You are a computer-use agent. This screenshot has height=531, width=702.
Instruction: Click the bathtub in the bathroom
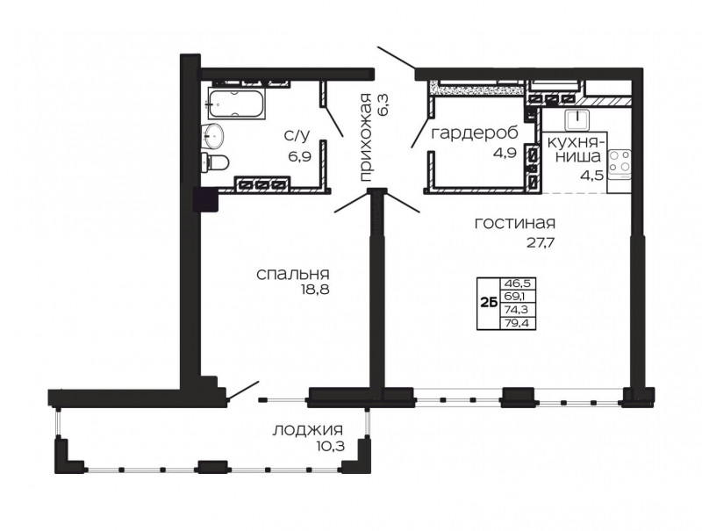click(236, 104)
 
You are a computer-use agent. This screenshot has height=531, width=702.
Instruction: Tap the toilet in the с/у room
click(215, 161)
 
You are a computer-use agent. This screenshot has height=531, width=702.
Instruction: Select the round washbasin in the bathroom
click(214, 135)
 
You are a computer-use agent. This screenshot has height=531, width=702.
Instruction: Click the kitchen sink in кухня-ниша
click(578, 120)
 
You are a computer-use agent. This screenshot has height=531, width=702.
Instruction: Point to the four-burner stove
click(620, 164)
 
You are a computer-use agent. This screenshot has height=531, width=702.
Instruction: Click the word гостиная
click(515, 223)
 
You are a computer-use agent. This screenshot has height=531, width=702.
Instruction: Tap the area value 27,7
click(541, 242)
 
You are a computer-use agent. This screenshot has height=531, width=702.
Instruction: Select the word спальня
click(293, 274)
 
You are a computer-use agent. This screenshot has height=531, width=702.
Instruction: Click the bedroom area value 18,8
click(315, 290)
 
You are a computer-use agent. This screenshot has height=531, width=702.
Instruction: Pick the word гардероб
click(475, 133)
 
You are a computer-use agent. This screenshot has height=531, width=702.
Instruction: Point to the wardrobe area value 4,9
click(505, 152)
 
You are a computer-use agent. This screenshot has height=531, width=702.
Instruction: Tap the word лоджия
click(308, 431)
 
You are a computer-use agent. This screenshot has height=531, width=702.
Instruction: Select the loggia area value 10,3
click(330, 446)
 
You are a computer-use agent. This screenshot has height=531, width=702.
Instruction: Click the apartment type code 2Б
click(489, 303)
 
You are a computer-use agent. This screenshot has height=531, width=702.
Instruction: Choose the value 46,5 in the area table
click(517, 283)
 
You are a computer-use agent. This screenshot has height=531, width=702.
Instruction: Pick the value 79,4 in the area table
click(517, 322)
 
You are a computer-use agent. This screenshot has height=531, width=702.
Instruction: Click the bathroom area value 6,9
click(300, 156)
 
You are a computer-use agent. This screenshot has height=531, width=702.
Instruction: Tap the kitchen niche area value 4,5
click(593, 173)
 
